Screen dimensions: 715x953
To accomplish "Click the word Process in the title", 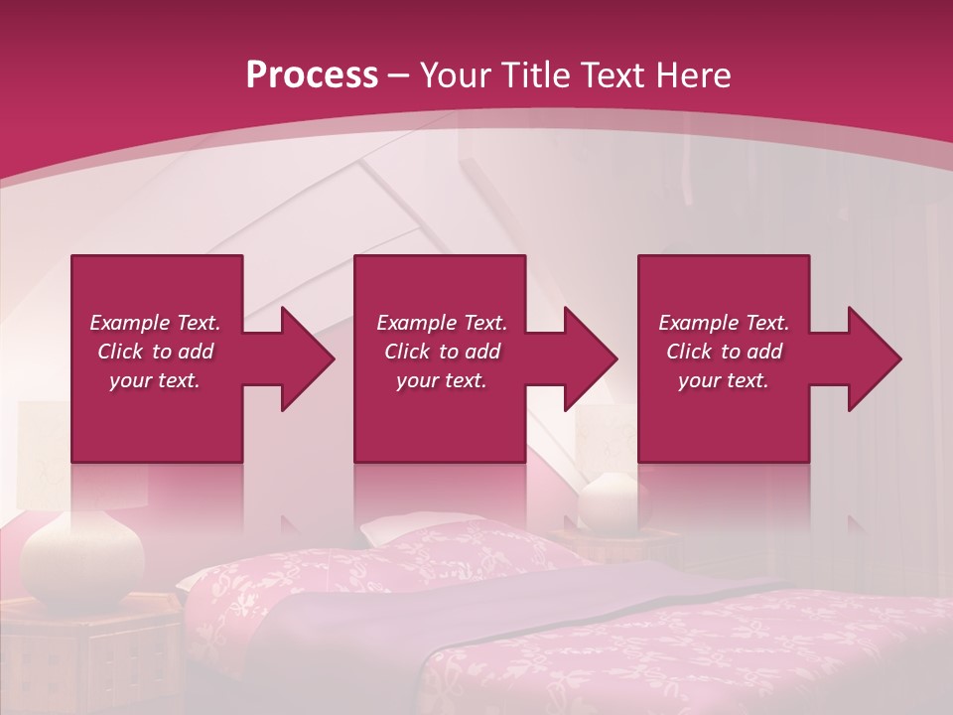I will tap(312, 75).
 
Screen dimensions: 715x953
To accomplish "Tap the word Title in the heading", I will tap(538, 75).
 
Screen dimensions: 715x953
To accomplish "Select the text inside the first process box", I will tap(155, 351).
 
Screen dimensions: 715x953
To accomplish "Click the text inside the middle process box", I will tap(442, 351).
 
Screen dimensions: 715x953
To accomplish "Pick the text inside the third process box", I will tap(724, 351).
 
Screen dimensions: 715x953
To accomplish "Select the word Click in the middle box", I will tap(405, 352).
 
